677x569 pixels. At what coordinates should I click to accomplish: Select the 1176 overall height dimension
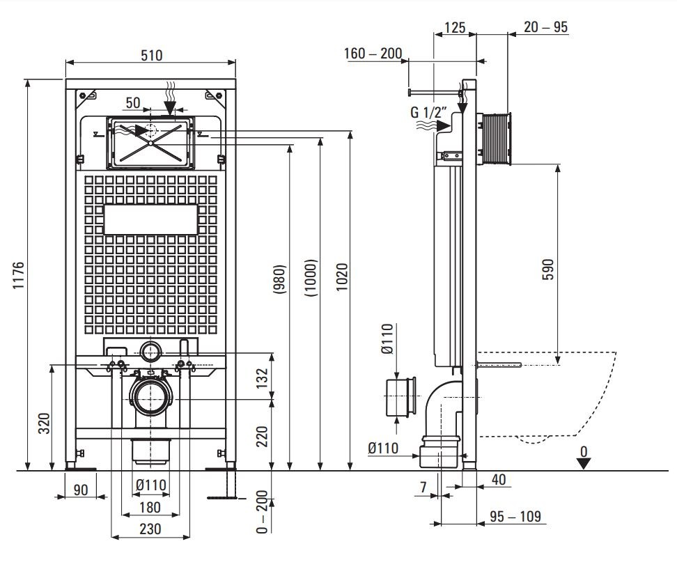coord(19,276)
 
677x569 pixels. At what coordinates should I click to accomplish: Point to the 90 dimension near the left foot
coord(81,490)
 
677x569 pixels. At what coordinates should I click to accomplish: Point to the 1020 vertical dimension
coord(342,276)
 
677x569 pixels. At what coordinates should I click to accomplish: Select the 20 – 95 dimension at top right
coord(546,27)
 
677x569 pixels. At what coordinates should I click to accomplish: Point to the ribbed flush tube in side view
coord(496,138)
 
